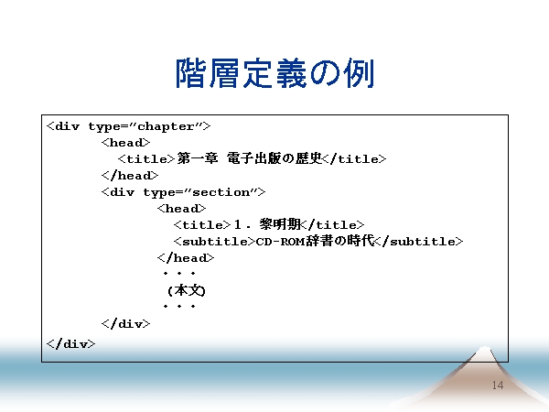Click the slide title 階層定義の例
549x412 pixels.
click(274, 73)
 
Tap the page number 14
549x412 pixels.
click(498, 385)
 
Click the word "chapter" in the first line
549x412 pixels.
click(166, 126)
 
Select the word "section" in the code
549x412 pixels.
click(221, 192)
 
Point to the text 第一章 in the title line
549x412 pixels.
click(198, 158)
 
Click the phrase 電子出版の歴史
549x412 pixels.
click(274, 158)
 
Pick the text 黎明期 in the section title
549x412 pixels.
click(280, 224)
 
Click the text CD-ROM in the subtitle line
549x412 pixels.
click(281, 242)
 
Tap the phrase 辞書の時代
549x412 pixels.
click(340, 241)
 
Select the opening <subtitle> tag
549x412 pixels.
click(214, 242)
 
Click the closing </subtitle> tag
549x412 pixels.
click(418, 242)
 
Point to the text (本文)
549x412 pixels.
click(187, 290)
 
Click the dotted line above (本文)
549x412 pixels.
click(179, 273)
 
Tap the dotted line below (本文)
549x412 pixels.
click(179, 306)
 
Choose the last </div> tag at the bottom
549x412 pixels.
click(70, 343)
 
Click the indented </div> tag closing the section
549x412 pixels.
click(125, 323)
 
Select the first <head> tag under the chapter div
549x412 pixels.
click(125, 143)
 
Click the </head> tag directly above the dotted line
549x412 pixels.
click(186, 258)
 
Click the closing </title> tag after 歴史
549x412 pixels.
click(354, 159)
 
